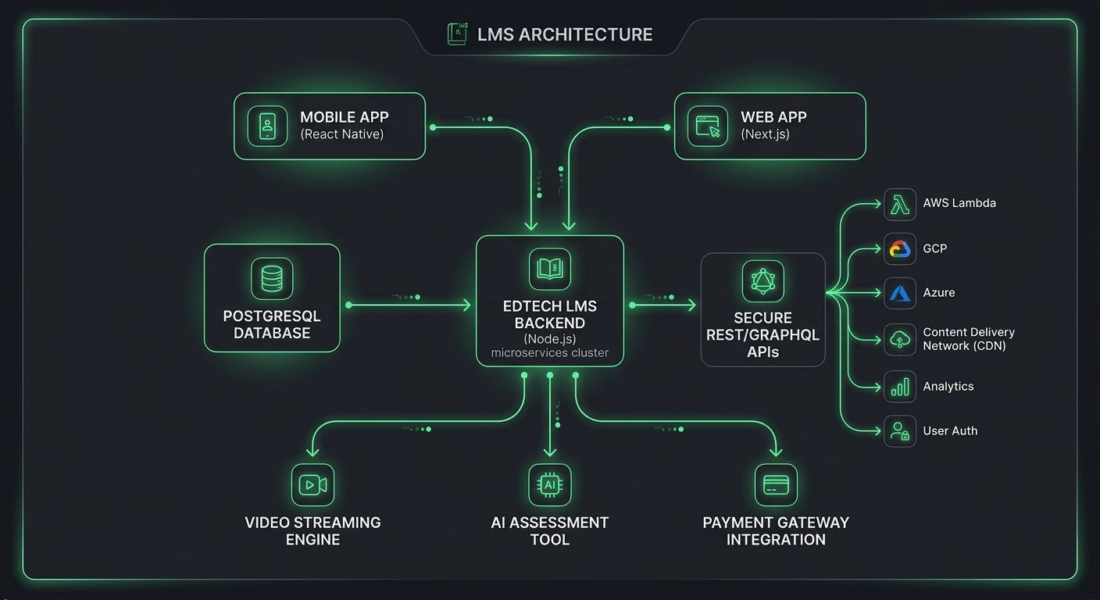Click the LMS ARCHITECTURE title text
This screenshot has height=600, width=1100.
(564, 34)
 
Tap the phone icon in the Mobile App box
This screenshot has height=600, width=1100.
(267, 127)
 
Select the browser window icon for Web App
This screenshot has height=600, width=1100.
(708, 127)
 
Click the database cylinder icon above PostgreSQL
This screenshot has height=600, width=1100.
(272, 279)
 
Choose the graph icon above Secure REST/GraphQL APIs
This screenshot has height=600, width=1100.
(762, 281)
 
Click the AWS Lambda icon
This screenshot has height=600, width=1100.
(900, 204)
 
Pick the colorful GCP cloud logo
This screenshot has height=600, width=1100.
(900, 249)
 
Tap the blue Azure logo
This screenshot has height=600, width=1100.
(900, 293)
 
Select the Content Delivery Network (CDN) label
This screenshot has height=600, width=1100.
(968, 339)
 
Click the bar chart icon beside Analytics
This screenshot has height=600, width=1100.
(900, 387)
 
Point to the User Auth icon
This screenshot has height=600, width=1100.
(900, 431)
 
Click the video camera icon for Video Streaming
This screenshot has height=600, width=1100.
(312, 485)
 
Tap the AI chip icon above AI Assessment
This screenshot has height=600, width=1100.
(550, 485)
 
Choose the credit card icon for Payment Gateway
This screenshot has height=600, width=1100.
(776, 485)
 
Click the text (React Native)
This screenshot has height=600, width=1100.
(341, 134)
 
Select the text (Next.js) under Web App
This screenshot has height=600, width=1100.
(765, 134)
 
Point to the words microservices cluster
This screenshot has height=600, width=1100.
(549, 353)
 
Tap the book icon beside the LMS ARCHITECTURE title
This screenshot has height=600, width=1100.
(456, 34)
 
